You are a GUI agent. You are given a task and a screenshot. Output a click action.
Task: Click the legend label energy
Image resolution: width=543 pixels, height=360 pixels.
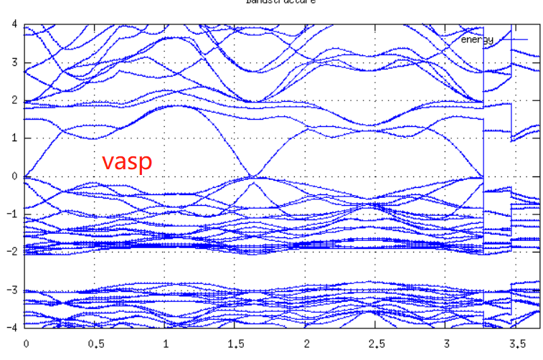coord(477,39)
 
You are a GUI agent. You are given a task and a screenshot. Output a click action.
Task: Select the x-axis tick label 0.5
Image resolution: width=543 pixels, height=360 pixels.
coord(95,343)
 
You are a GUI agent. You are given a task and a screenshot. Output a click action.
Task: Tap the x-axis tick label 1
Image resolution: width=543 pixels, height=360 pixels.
coord(166,343)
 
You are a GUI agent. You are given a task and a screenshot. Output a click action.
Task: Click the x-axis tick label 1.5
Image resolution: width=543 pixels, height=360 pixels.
coord(235,343)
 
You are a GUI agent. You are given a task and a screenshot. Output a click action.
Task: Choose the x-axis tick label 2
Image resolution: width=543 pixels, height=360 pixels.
coord(306,343)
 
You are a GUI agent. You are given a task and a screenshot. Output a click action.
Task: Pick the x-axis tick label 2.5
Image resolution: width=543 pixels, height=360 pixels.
coord(376,343)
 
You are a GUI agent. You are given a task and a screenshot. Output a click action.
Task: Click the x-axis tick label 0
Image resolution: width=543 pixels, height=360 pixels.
coord(26,343)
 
